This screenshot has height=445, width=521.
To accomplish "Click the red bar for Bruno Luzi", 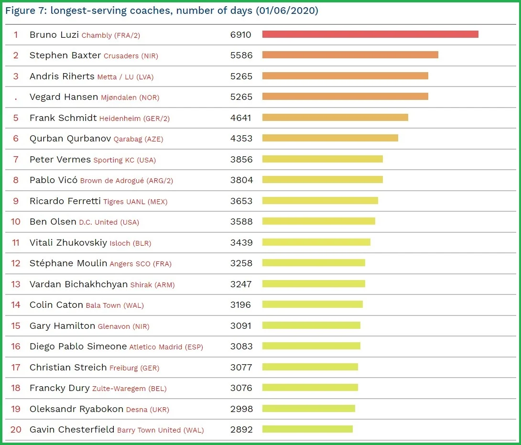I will click(x=370, y=34).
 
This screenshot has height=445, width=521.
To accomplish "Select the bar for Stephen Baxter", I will click(x=350, y=55).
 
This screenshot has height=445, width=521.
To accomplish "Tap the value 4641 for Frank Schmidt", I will click(x=241, y=118).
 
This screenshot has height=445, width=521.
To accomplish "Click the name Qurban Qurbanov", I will click(x=70, y=139).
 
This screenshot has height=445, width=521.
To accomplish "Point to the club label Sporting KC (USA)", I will click(x=125, y=160).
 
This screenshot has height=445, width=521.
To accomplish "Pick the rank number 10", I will click(x=16, y=222).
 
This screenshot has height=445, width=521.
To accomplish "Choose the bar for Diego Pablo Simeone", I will click(x=311, y=346).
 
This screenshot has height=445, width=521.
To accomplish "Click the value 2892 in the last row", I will click(x=241, y=429).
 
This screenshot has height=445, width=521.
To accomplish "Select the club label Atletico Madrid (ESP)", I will click(x=166, y=347).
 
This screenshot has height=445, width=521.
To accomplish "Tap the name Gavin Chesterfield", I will click(x=72, y=429).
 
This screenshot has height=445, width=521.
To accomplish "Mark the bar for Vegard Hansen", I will click(x=345, y=97).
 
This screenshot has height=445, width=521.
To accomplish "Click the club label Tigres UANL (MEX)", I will click(x=135, y=202).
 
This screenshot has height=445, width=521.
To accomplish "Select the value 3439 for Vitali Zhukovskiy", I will click(x=241, y=242).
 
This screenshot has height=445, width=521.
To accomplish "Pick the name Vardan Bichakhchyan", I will click(x=79, y=284).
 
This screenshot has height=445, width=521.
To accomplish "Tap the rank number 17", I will click(x=16, y=367).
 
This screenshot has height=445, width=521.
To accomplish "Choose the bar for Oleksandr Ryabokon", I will click(x=309, y=408).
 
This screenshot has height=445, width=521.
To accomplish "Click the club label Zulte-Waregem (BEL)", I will click(x=130, y=389).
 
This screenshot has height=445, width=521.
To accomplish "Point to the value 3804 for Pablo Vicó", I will click(x=241, y=180).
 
